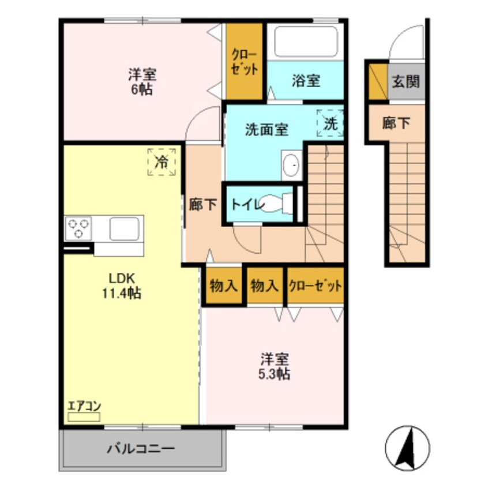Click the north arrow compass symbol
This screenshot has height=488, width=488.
click(x=407, y=448)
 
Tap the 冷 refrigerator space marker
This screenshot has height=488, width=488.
click(x=162, y=162)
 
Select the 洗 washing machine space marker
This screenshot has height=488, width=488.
click(x=330, y=123)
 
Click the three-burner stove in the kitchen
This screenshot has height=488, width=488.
click(x=78, y=228)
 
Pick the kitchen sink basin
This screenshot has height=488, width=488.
click(x=124, y=228)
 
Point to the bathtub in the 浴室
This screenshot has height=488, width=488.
click(x=306, y=42)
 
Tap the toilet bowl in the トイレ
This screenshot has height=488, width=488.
click(x=276, y=204)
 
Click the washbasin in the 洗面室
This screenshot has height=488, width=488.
click(x=292, y=165)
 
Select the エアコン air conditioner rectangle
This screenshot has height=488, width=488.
click(x=84, y=416)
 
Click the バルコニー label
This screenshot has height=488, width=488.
click(x=141, y=449)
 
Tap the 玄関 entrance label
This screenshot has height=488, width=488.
click(x=406, y=81)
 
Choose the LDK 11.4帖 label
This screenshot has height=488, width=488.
click(x=122, y=286)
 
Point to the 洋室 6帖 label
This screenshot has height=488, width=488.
click(x=142, y=82)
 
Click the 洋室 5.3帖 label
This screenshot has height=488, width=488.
click(x=275, y=366)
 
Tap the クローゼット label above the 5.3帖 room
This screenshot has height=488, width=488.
click(x=315, y=286)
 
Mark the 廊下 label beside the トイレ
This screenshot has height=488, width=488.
click(x=203, y=204)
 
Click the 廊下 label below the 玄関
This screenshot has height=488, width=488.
click(x=396, y=123)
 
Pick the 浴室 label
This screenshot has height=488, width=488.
click(x=306, y=81)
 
